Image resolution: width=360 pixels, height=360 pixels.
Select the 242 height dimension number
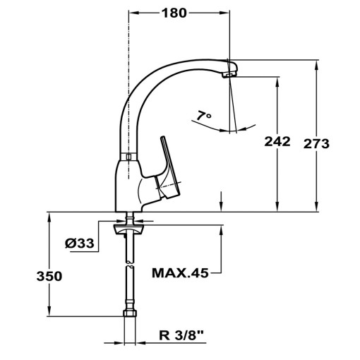point(277,142)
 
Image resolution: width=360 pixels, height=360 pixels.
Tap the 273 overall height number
point(316,144)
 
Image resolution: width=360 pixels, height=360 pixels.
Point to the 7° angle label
point(205,115)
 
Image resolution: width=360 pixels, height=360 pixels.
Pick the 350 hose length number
point(49,276)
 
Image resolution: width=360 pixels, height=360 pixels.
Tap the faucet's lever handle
point(169,166)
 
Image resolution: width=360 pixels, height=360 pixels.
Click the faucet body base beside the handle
point(127,187)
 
